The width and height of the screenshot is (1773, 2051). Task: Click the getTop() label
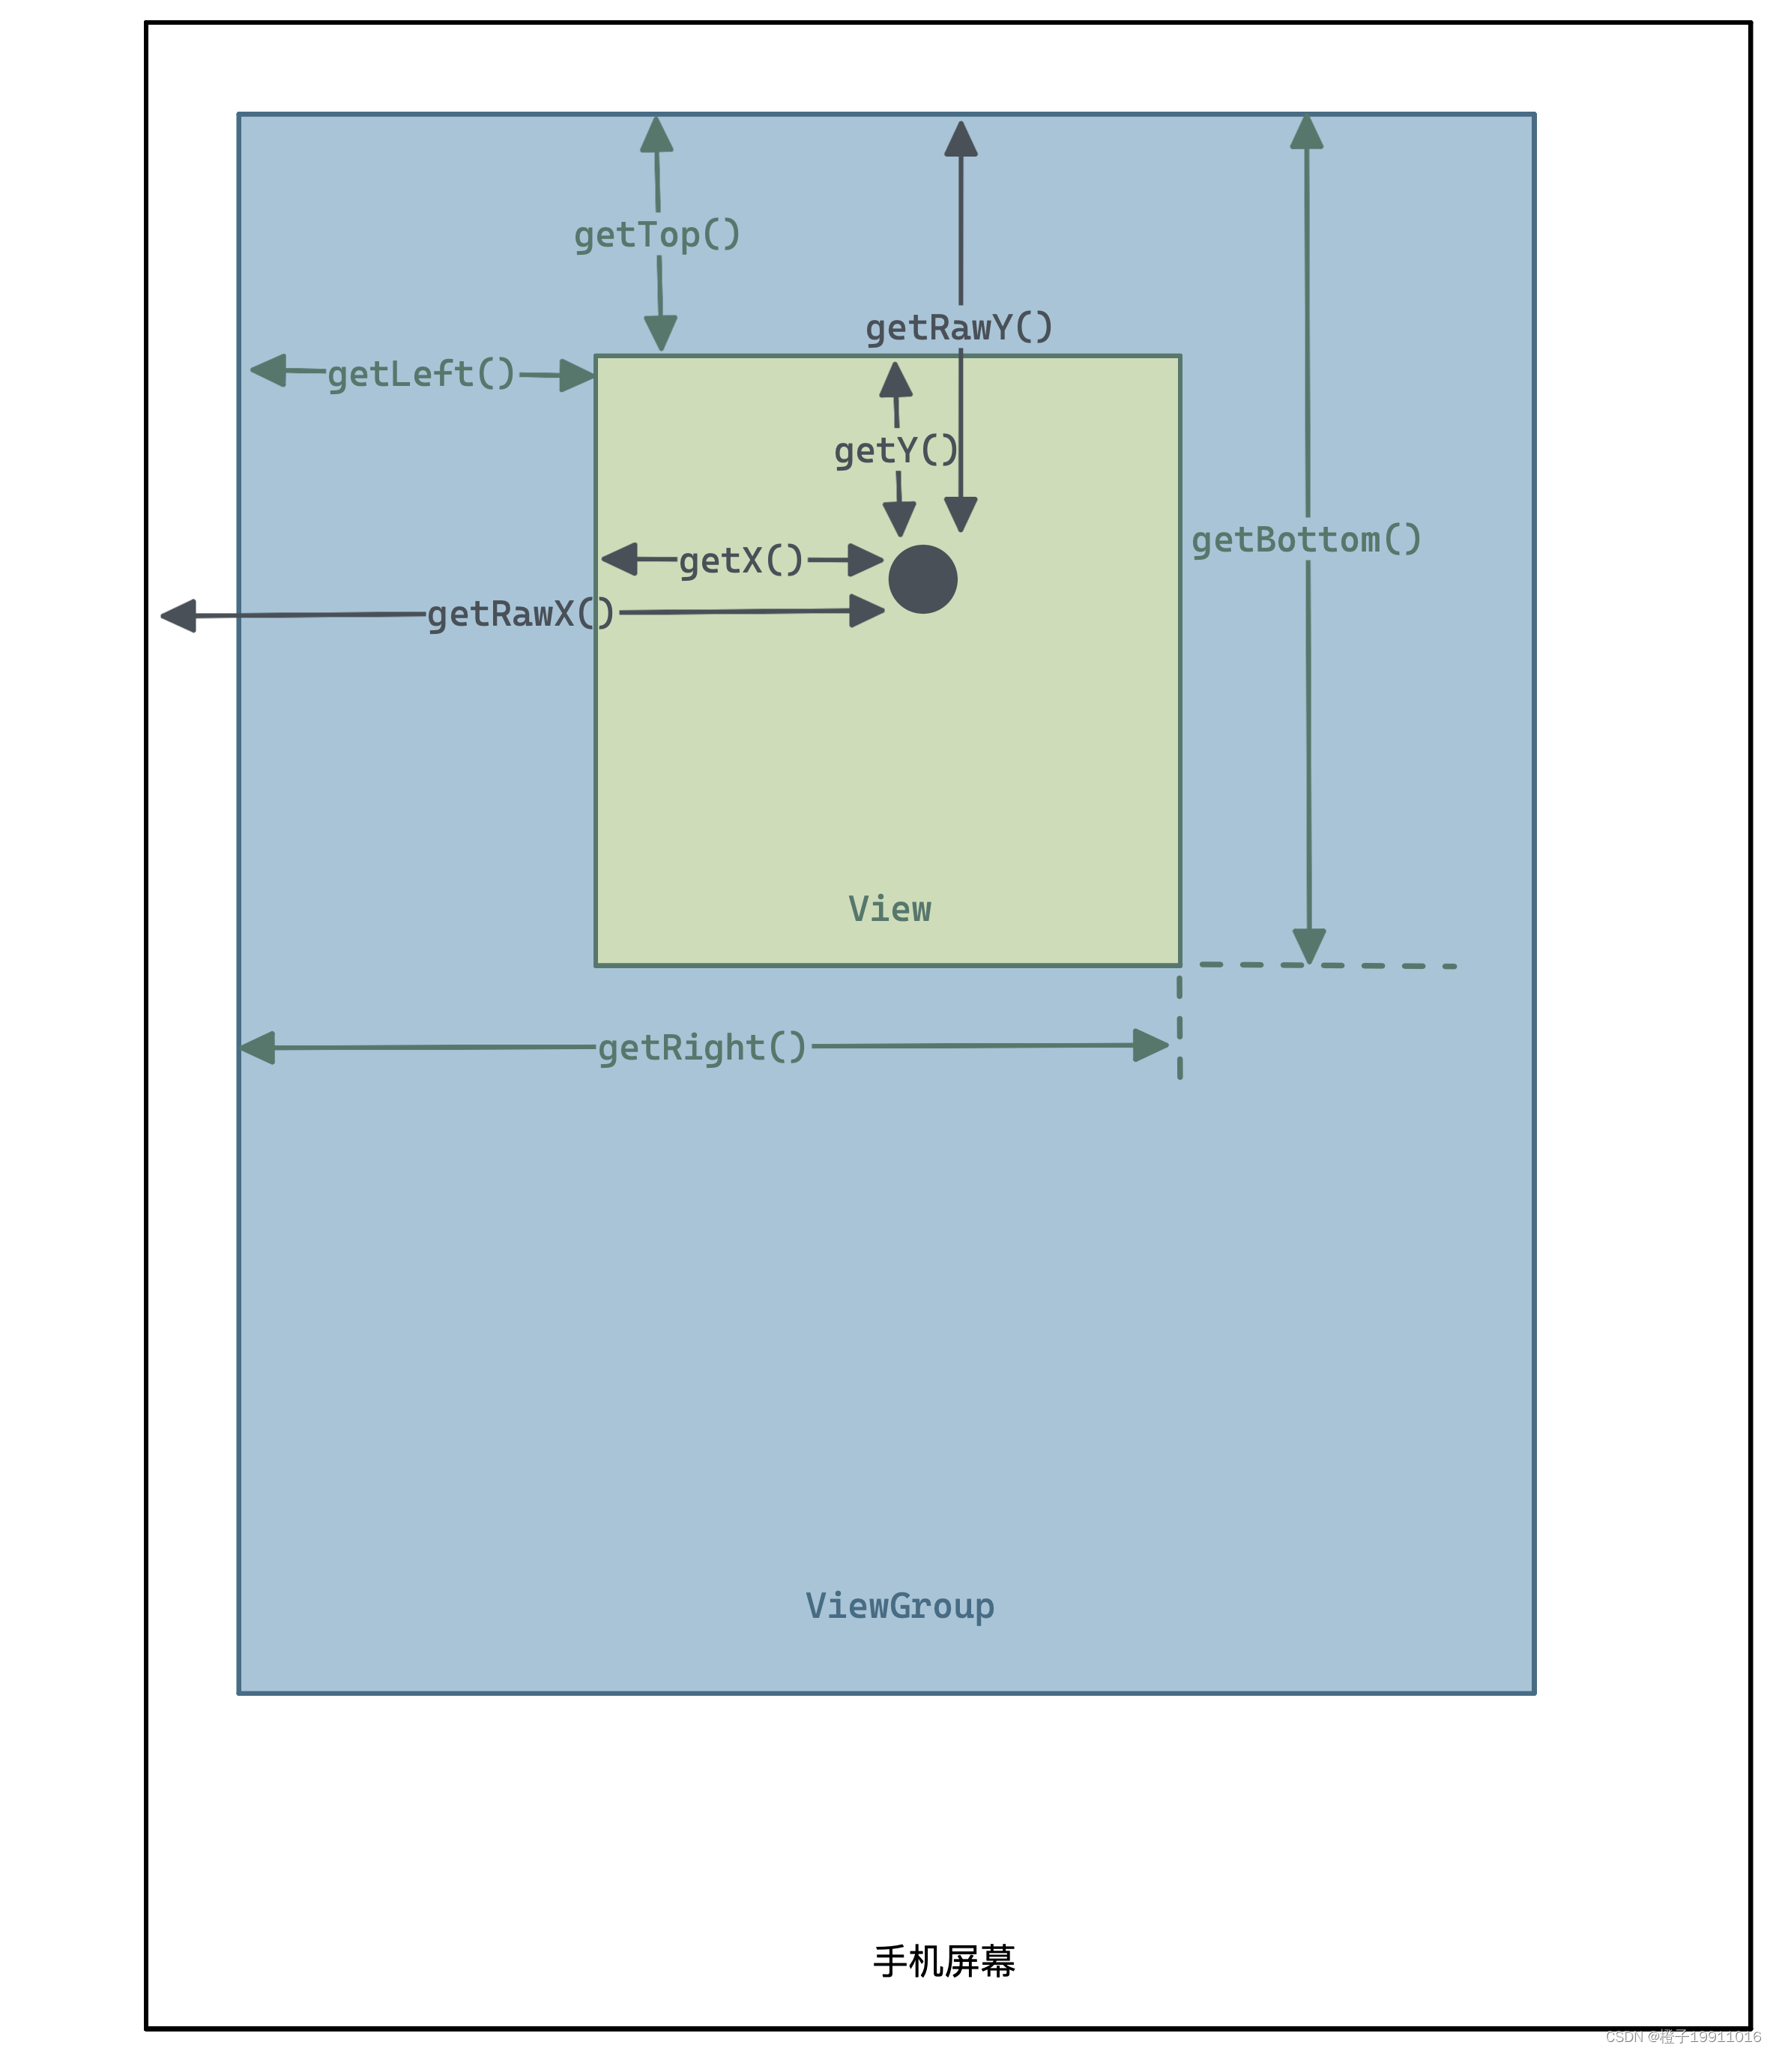click(x=657, y=235)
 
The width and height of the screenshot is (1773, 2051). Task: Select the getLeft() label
click(x=420, y=374)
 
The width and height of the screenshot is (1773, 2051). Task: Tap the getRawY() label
click(x=958, y=327)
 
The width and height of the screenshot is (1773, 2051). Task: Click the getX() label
click(x=741, y=561)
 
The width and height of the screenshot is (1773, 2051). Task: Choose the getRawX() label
click(x=521, y=614)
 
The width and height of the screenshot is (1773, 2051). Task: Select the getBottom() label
click(x=1305, y=540)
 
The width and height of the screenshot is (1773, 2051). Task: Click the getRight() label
click(x=703, y=1048)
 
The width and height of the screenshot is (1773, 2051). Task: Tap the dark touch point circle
click(x=922, y=579)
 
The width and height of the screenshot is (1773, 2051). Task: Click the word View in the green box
click(x=889, y=909)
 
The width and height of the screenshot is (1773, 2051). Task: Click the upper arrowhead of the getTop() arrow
click(x=656, y=136)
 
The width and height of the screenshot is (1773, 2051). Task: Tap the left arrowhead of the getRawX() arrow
click(x=179, y=616)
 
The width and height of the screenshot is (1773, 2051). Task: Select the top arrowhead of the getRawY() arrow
click(x=960, y=139)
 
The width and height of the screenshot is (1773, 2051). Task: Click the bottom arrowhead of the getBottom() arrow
click(x=1308, y=946)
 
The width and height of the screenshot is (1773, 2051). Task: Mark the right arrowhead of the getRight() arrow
click(x=1150, y=1045)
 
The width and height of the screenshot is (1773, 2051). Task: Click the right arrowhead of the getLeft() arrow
click(x=576, y=375)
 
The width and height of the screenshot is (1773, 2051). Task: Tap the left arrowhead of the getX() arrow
click(x=620, y=558)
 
